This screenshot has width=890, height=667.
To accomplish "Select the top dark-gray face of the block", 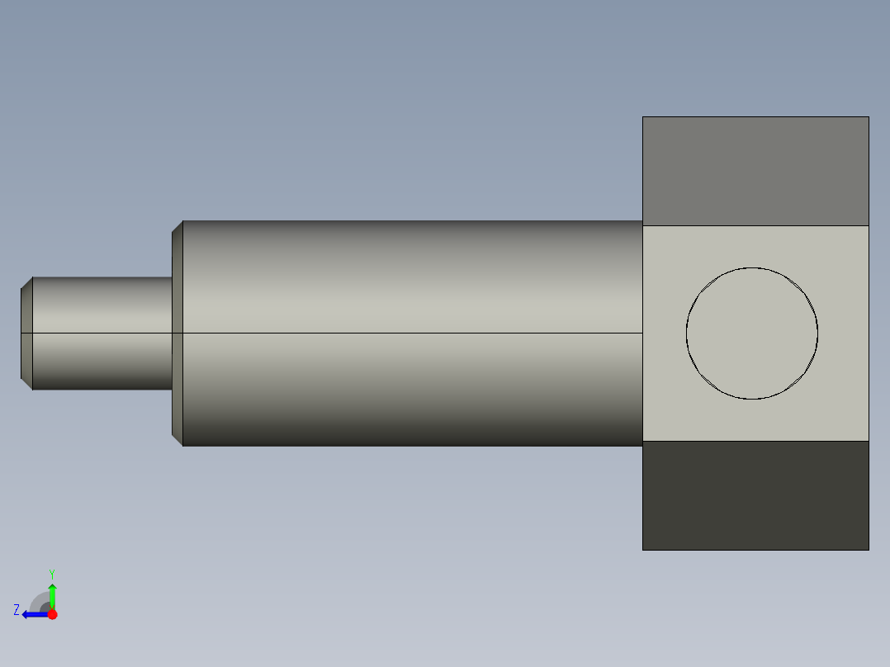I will point(755,171).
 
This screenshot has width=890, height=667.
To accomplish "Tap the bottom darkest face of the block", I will point(755,495).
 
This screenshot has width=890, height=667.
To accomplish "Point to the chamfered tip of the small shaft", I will point(26,333).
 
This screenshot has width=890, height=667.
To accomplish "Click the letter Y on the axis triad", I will point(51,573).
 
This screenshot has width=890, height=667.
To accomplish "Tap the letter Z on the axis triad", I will point(17,610).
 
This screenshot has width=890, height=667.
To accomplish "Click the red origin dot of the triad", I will point(52,614).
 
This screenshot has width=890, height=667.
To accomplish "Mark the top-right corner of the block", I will point(869,117).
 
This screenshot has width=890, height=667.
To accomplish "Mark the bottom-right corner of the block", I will point(869,549).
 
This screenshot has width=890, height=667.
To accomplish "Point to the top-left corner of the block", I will point(643,117).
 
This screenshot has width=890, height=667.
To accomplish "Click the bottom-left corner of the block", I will point(643,549).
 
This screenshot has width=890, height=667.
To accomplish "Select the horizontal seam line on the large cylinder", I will point(413,333).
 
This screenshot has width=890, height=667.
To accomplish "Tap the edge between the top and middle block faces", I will point(755,225).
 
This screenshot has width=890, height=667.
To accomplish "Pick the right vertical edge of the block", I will point(869,333).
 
